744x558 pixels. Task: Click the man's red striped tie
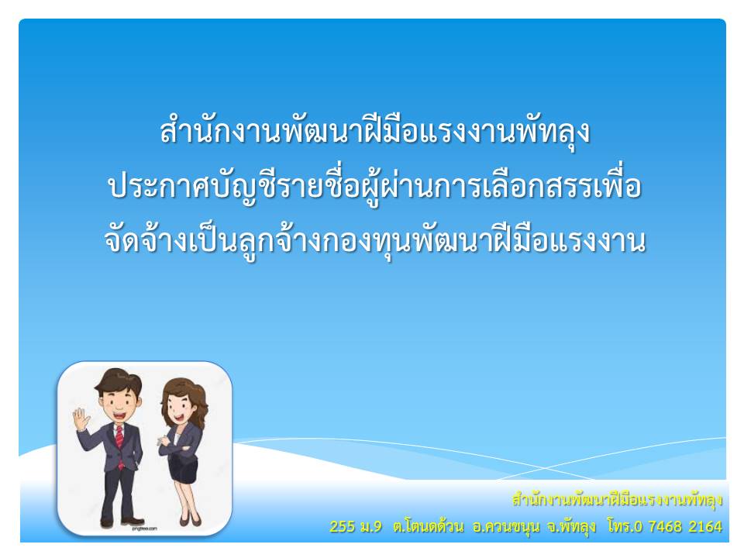click(119, 443)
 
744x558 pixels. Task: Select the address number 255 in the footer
click(342, 526)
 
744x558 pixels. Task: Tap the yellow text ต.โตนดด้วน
click(428, 526)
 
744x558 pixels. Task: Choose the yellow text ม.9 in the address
click(370, 526)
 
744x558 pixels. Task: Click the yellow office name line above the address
click(618, 500)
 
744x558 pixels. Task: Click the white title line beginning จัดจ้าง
click(375, 240)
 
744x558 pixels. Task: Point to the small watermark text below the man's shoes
click(144, 529)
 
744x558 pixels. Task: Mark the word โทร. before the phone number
click(618, 525)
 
